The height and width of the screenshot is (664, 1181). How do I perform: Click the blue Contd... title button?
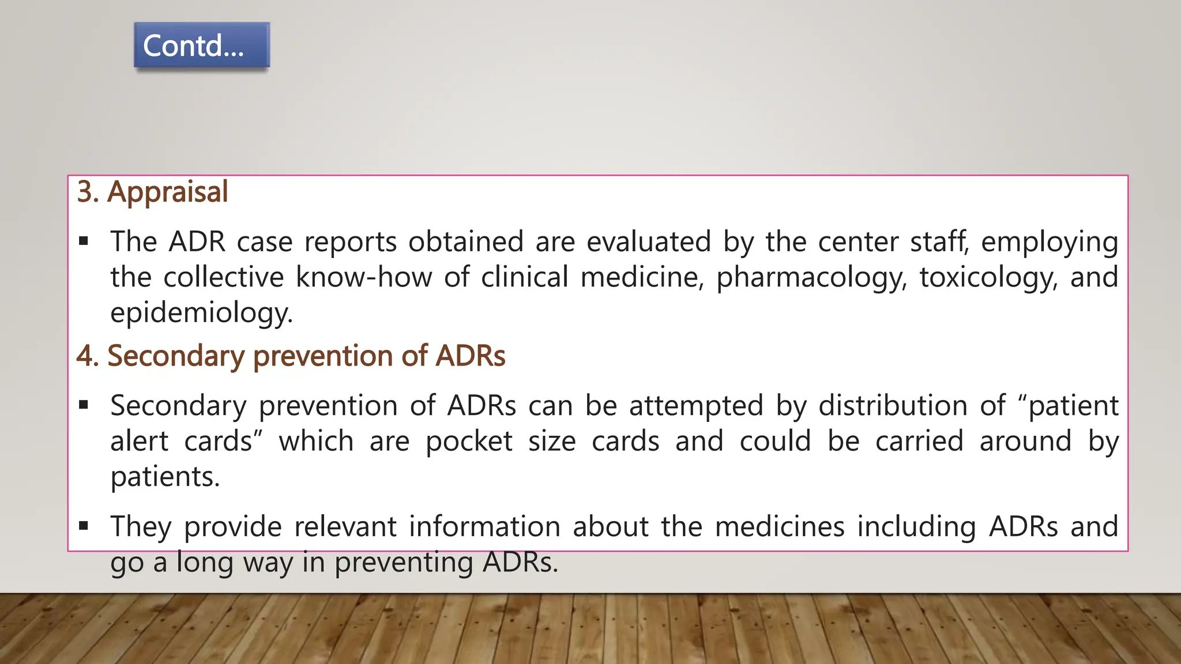coord(201,46)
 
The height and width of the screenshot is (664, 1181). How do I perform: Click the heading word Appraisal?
coord(168,192)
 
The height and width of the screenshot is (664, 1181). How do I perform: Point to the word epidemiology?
coord(201,314)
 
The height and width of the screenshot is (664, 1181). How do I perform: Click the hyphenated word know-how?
coord(364,277)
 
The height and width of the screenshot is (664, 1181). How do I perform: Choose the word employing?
coord(1050,242)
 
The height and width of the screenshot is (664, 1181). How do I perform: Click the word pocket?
coord(469,442)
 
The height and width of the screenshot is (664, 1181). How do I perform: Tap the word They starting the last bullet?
coord(141,527)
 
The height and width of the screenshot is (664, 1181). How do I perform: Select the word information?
coord(484,527)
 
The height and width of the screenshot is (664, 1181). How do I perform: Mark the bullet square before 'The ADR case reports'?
coord(84,242)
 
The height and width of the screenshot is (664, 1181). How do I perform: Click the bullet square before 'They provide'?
coord(84,526)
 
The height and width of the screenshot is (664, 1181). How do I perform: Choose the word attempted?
coord(696,406)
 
